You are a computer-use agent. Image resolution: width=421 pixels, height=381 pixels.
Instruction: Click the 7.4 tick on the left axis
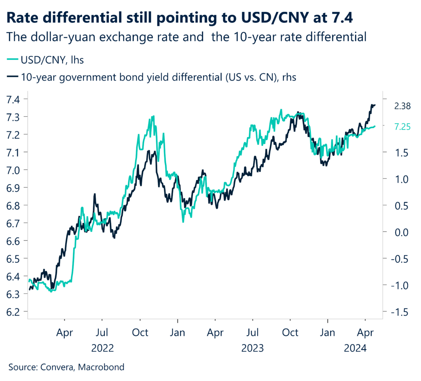(x=15, y=99)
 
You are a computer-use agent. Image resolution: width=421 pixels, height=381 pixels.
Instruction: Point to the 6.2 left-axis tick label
(x=15, y=312)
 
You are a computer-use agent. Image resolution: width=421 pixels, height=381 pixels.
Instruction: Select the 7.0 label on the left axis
(x=15, y=170)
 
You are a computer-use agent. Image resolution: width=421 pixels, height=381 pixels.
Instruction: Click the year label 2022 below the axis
(x=102, y=349)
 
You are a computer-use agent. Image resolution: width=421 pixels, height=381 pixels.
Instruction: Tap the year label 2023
(x=252, y=349)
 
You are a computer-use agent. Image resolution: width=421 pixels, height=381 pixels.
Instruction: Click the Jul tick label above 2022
(x=102, y=332)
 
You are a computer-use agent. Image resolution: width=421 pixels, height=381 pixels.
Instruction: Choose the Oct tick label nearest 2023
(x=290, y=332)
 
